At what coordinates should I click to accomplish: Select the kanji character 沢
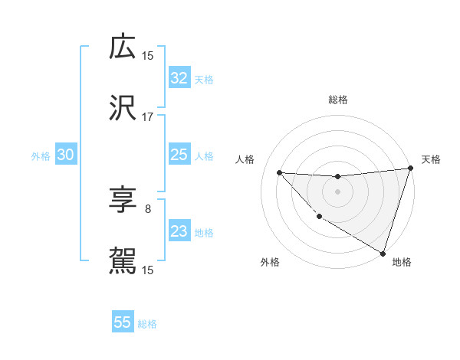coord(123,109)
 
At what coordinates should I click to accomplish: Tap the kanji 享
coord(123,201)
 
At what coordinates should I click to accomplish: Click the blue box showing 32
coord(179,78)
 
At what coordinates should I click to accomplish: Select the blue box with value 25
coord(179,155)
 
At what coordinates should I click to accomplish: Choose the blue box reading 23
coord(179,231)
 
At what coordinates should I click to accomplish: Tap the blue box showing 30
coord(65,155)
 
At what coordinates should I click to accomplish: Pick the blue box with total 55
coord(123,322)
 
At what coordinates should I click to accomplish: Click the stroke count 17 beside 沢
coord(147,117)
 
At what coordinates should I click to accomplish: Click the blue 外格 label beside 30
coord(41,155)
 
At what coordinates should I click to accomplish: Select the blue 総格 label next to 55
coord(147,323)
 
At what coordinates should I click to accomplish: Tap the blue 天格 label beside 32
coord(203,79)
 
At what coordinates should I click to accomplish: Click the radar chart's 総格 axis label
coord(337,100)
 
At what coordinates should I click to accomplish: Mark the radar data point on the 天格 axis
coord(410,169)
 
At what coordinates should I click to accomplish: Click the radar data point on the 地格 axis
coord(383,254)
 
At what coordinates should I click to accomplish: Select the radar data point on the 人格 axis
coord(279,172)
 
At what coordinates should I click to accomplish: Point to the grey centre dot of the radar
coord(337,191)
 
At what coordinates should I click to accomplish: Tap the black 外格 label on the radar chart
coord(270,262)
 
